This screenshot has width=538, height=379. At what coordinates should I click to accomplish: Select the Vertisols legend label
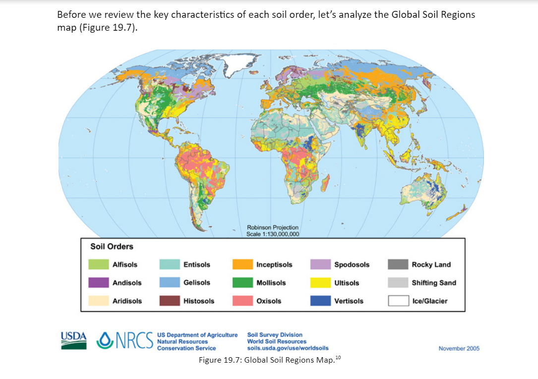pyautogui.click(x=349, y=301)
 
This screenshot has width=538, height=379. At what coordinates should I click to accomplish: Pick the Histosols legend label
pyautogui.click(x=199, y=301)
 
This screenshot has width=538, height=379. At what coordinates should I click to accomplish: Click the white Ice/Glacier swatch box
pyautogui.click(x=398, y=301)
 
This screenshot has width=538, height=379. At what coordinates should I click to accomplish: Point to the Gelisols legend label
pyautogui.click(x=197, y=282)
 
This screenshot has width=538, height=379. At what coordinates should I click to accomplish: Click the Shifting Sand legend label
pyautogui.click(x=433, y=282)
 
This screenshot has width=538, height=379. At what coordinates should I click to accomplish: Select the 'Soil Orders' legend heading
pyautogui.click(x=112, y=246)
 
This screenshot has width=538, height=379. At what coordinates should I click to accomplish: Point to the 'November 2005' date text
pyautogui.click(x=459, y=348)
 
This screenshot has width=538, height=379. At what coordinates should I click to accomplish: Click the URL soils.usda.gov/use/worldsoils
pyautogui.click(x=288, y=348)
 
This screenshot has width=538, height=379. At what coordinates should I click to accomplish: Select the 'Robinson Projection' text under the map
pyautogui.click(x=272, y=227)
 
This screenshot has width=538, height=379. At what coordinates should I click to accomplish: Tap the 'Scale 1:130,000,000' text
pyautogui.click(x=272, y=234)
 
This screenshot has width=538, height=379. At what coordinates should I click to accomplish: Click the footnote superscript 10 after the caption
pyautogui.click(x=338, y=357)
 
